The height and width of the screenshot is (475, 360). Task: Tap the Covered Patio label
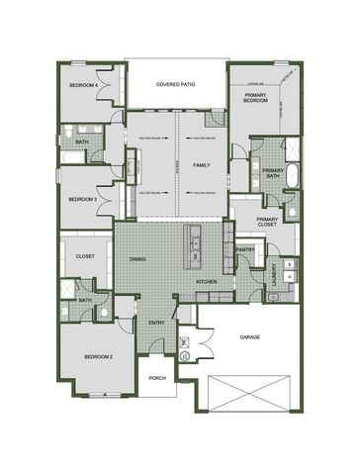176,86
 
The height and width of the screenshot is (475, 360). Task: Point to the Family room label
202,164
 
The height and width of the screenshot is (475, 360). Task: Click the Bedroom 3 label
82,199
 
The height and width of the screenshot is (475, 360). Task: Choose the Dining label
138,259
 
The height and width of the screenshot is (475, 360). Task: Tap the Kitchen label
207,282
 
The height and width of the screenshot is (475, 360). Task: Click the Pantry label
246,250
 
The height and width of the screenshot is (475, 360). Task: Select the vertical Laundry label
272,282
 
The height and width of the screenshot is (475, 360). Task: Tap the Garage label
250,337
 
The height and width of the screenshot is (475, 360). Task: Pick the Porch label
157,378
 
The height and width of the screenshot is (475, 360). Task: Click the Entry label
157,323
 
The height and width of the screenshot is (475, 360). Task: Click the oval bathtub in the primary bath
294,176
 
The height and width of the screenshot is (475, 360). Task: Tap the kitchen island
195,247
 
